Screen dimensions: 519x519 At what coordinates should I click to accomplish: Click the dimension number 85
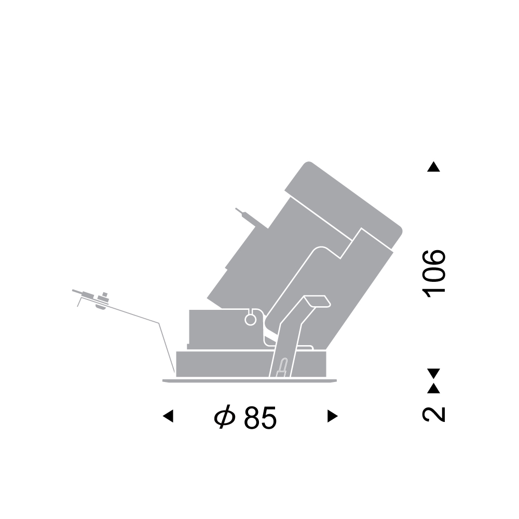tap(260, 418)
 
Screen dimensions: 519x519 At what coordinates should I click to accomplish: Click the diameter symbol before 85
tap(225, 417)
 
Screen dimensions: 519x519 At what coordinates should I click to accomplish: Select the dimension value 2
tap(433, 414)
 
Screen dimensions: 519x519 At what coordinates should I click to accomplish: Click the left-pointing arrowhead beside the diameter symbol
tap(168, 416)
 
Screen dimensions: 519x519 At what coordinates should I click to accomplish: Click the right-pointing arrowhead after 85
tap(333, 416)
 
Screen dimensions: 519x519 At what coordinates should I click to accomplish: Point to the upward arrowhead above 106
tap(433, 167)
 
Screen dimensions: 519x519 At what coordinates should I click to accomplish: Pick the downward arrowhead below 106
tap(433, 374)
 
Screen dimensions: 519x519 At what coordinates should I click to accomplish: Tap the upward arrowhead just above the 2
tap(433, 388)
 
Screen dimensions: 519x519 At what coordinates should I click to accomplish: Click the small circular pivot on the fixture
tap(250, 320)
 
